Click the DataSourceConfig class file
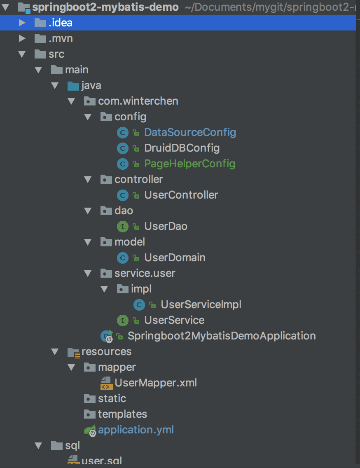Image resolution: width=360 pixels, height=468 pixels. [x=190, y=132]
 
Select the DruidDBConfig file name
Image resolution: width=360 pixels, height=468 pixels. [x=182, y=148]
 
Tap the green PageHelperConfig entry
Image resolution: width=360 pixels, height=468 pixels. [x=189, y=164]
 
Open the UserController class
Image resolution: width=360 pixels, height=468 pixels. [x=181, y=195]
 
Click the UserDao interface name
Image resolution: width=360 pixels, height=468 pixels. [x=166, y=226]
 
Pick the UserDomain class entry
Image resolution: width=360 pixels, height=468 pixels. [x=175, y=257]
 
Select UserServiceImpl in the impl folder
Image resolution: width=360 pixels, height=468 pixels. [x=201, y=304]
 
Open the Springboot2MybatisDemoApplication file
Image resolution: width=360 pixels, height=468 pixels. [x=222, y=336]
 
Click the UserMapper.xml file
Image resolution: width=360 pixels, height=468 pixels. [x=156, y=383]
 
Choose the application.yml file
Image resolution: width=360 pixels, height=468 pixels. [x=136, y=430]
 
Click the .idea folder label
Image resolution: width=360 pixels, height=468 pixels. [x=60, y=23]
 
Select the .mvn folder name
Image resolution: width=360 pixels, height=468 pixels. [x=61, y=38]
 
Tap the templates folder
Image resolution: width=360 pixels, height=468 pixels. [x=122, y=414]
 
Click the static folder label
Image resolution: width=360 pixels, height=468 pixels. [x=112, y=398]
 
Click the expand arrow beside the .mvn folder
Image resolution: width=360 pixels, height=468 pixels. [x=22, y=38]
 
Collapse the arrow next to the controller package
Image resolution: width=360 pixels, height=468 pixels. [x=87, y=179]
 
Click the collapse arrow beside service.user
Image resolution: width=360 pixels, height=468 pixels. [x=87, y=273]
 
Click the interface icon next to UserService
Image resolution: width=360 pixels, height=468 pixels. [x=123, y=320]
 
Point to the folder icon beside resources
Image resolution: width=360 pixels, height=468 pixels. [x=73, y=352]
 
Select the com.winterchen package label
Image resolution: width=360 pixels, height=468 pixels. [x=138, y=101]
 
